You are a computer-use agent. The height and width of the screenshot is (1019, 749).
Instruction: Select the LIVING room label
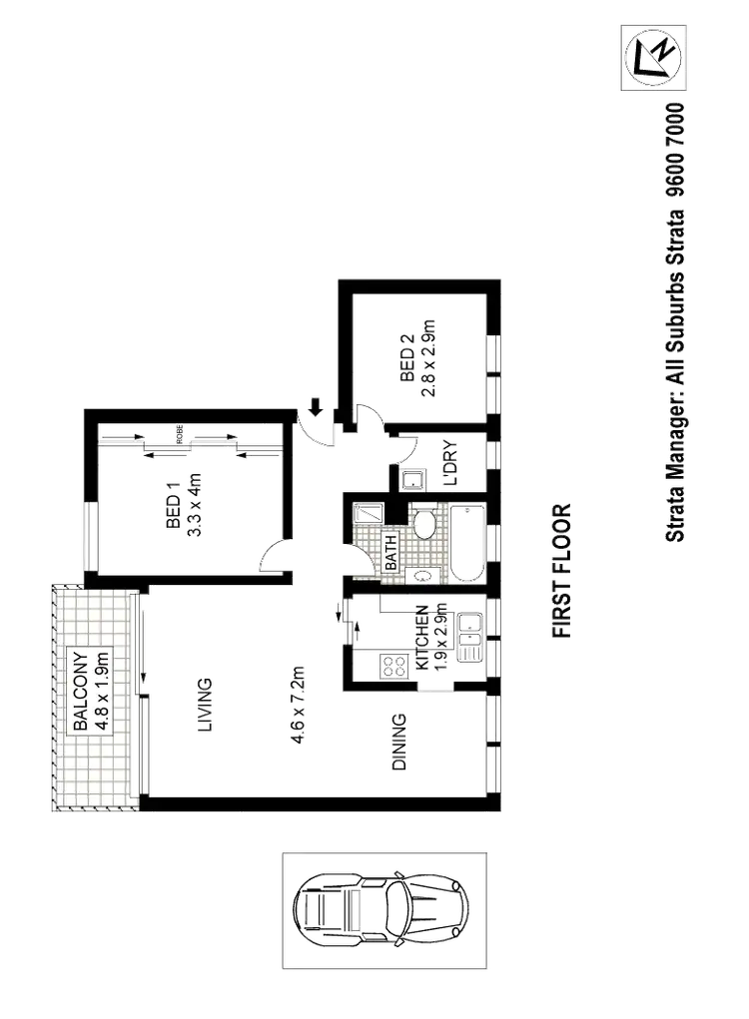point(204,706)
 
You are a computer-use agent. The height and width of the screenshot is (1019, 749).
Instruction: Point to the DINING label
point(398,742)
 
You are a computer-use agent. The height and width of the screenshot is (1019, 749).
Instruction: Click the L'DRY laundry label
point(449,465)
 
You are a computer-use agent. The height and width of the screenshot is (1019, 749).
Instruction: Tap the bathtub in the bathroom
point(466,544)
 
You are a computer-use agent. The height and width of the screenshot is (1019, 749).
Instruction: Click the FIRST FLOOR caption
point(564,570)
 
